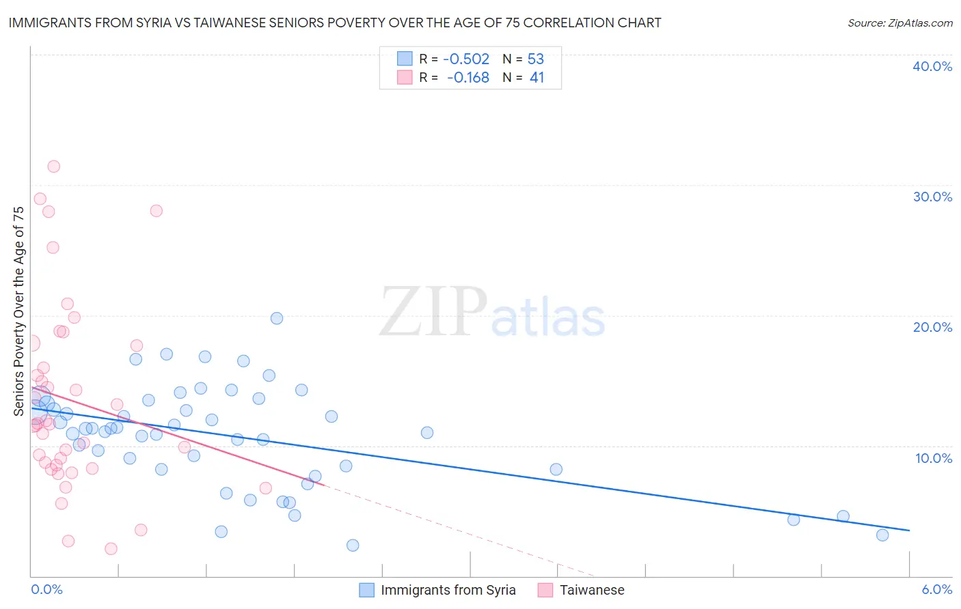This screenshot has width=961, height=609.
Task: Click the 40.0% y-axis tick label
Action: point(932,66)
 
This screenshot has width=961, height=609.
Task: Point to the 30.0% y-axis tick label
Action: point(932,197)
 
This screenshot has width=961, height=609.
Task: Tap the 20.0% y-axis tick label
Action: point(932,327)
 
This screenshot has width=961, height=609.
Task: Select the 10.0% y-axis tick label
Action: point(934,458)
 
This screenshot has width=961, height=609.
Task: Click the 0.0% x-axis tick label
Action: point(46,589)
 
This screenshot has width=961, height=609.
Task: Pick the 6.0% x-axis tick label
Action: point(936,589)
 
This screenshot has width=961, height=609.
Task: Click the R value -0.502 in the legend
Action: point(466,59)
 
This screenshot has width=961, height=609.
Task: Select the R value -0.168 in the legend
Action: point(468,78)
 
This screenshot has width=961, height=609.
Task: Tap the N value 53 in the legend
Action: point(536,59)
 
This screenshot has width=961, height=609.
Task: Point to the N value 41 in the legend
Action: point(537,78)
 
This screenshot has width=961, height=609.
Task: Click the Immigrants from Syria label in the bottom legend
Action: point(448,590)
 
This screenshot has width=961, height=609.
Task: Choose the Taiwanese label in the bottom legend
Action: point(592,590)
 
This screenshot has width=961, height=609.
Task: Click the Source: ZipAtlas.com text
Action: point(899,23)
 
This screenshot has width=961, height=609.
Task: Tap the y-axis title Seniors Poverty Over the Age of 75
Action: point(19,311)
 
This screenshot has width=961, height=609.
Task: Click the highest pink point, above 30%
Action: point(53,167)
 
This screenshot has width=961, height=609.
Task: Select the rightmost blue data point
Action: point(882,535)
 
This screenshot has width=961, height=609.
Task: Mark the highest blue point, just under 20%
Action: point(277,318)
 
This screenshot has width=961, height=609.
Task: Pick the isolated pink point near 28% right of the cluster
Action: point(156,211)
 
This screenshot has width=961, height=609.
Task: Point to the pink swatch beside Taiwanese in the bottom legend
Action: point(545,590)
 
